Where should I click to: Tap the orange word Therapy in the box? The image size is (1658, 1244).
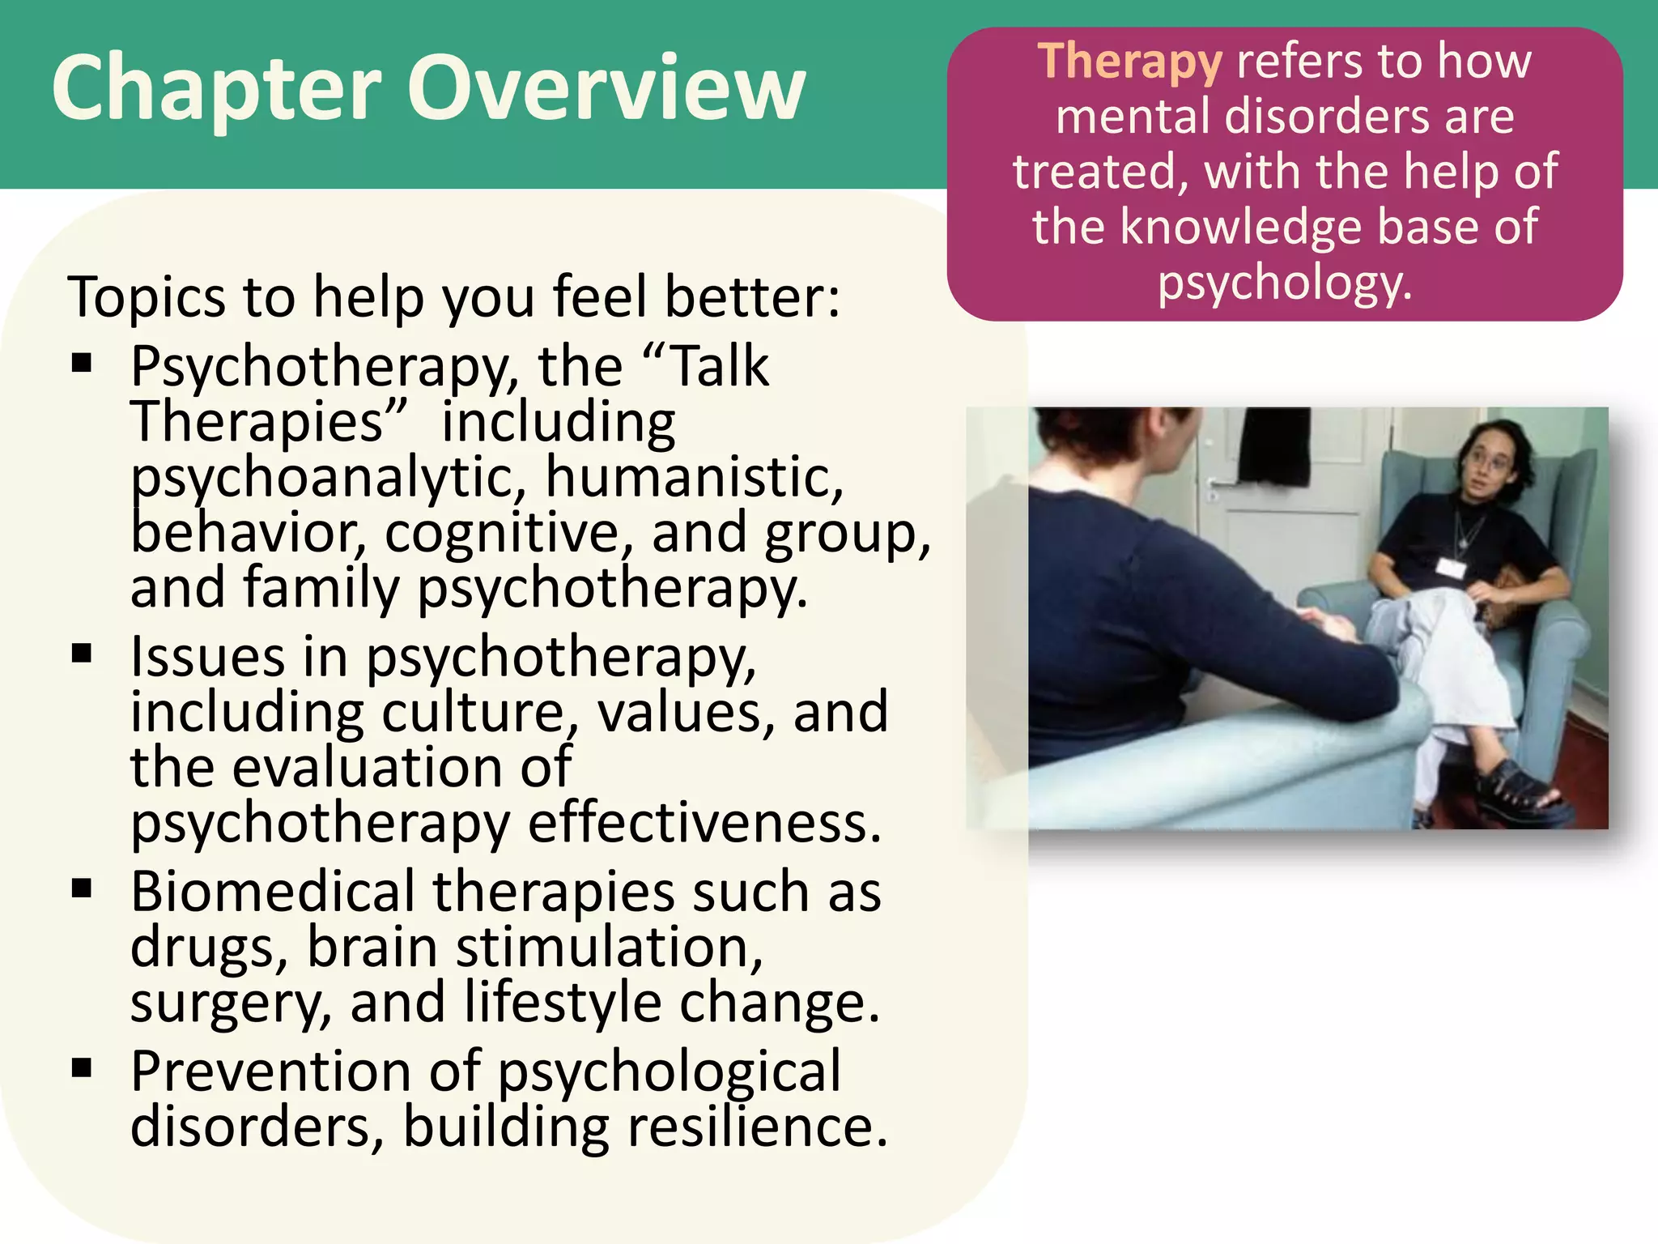coord(1129,62)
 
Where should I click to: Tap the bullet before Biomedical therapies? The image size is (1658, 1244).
coord(82,889)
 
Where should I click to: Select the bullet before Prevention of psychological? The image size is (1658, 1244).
coord(82,1069)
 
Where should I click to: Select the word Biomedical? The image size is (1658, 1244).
coord(272,891)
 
